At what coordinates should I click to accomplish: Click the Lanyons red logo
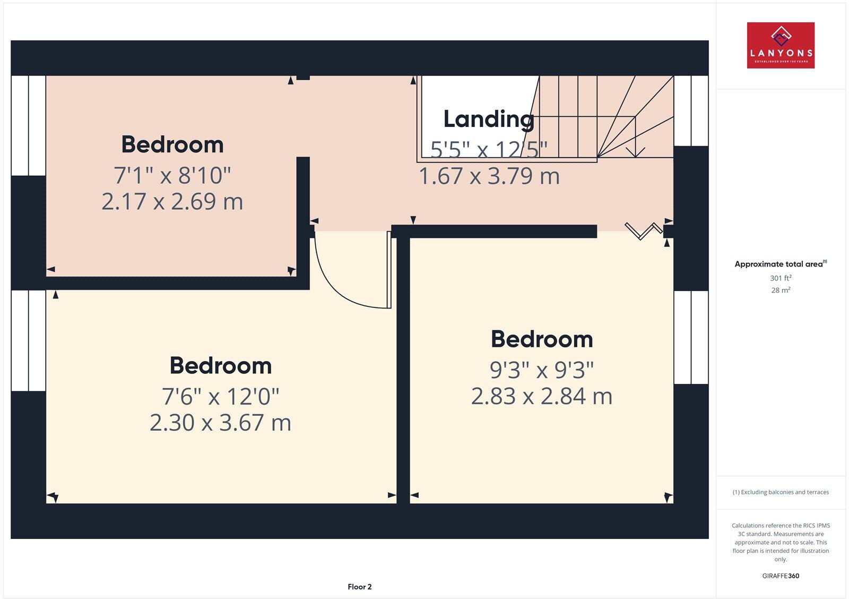coord(781,45)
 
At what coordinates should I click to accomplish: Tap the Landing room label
coord(489,119)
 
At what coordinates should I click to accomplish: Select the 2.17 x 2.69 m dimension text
coord(172,201)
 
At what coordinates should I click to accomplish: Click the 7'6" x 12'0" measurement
coord(220,396)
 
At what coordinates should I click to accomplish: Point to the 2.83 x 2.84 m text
coord(542,396)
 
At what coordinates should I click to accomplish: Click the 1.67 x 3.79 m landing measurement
coord(489,176)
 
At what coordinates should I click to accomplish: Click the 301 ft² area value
coord(781,278)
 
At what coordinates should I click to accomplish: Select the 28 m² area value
coord(781,290)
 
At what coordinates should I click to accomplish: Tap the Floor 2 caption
coord(360,587)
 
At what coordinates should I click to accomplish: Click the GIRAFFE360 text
coord(781,576)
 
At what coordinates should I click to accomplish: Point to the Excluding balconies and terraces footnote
coord(781,492)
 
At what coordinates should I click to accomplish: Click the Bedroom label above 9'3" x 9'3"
coord(542,339)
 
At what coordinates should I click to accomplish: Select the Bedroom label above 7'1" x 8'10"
coord(172,144)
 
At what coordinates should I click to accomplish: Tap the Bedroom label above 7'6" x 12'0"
coord(220,366)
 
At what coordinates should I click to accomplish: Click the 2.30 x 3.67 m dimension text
coord(220,423)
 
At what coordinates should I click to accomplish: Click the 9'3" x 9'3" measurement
coord(542,370)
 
